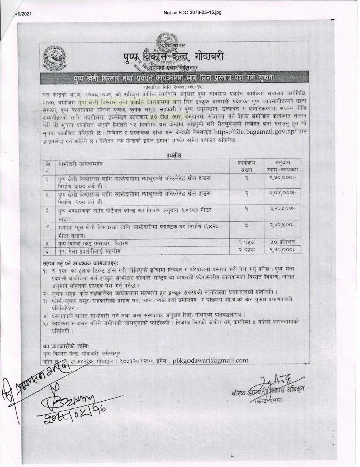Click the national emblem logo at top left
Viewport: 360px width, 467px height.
tap(53, 56)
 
